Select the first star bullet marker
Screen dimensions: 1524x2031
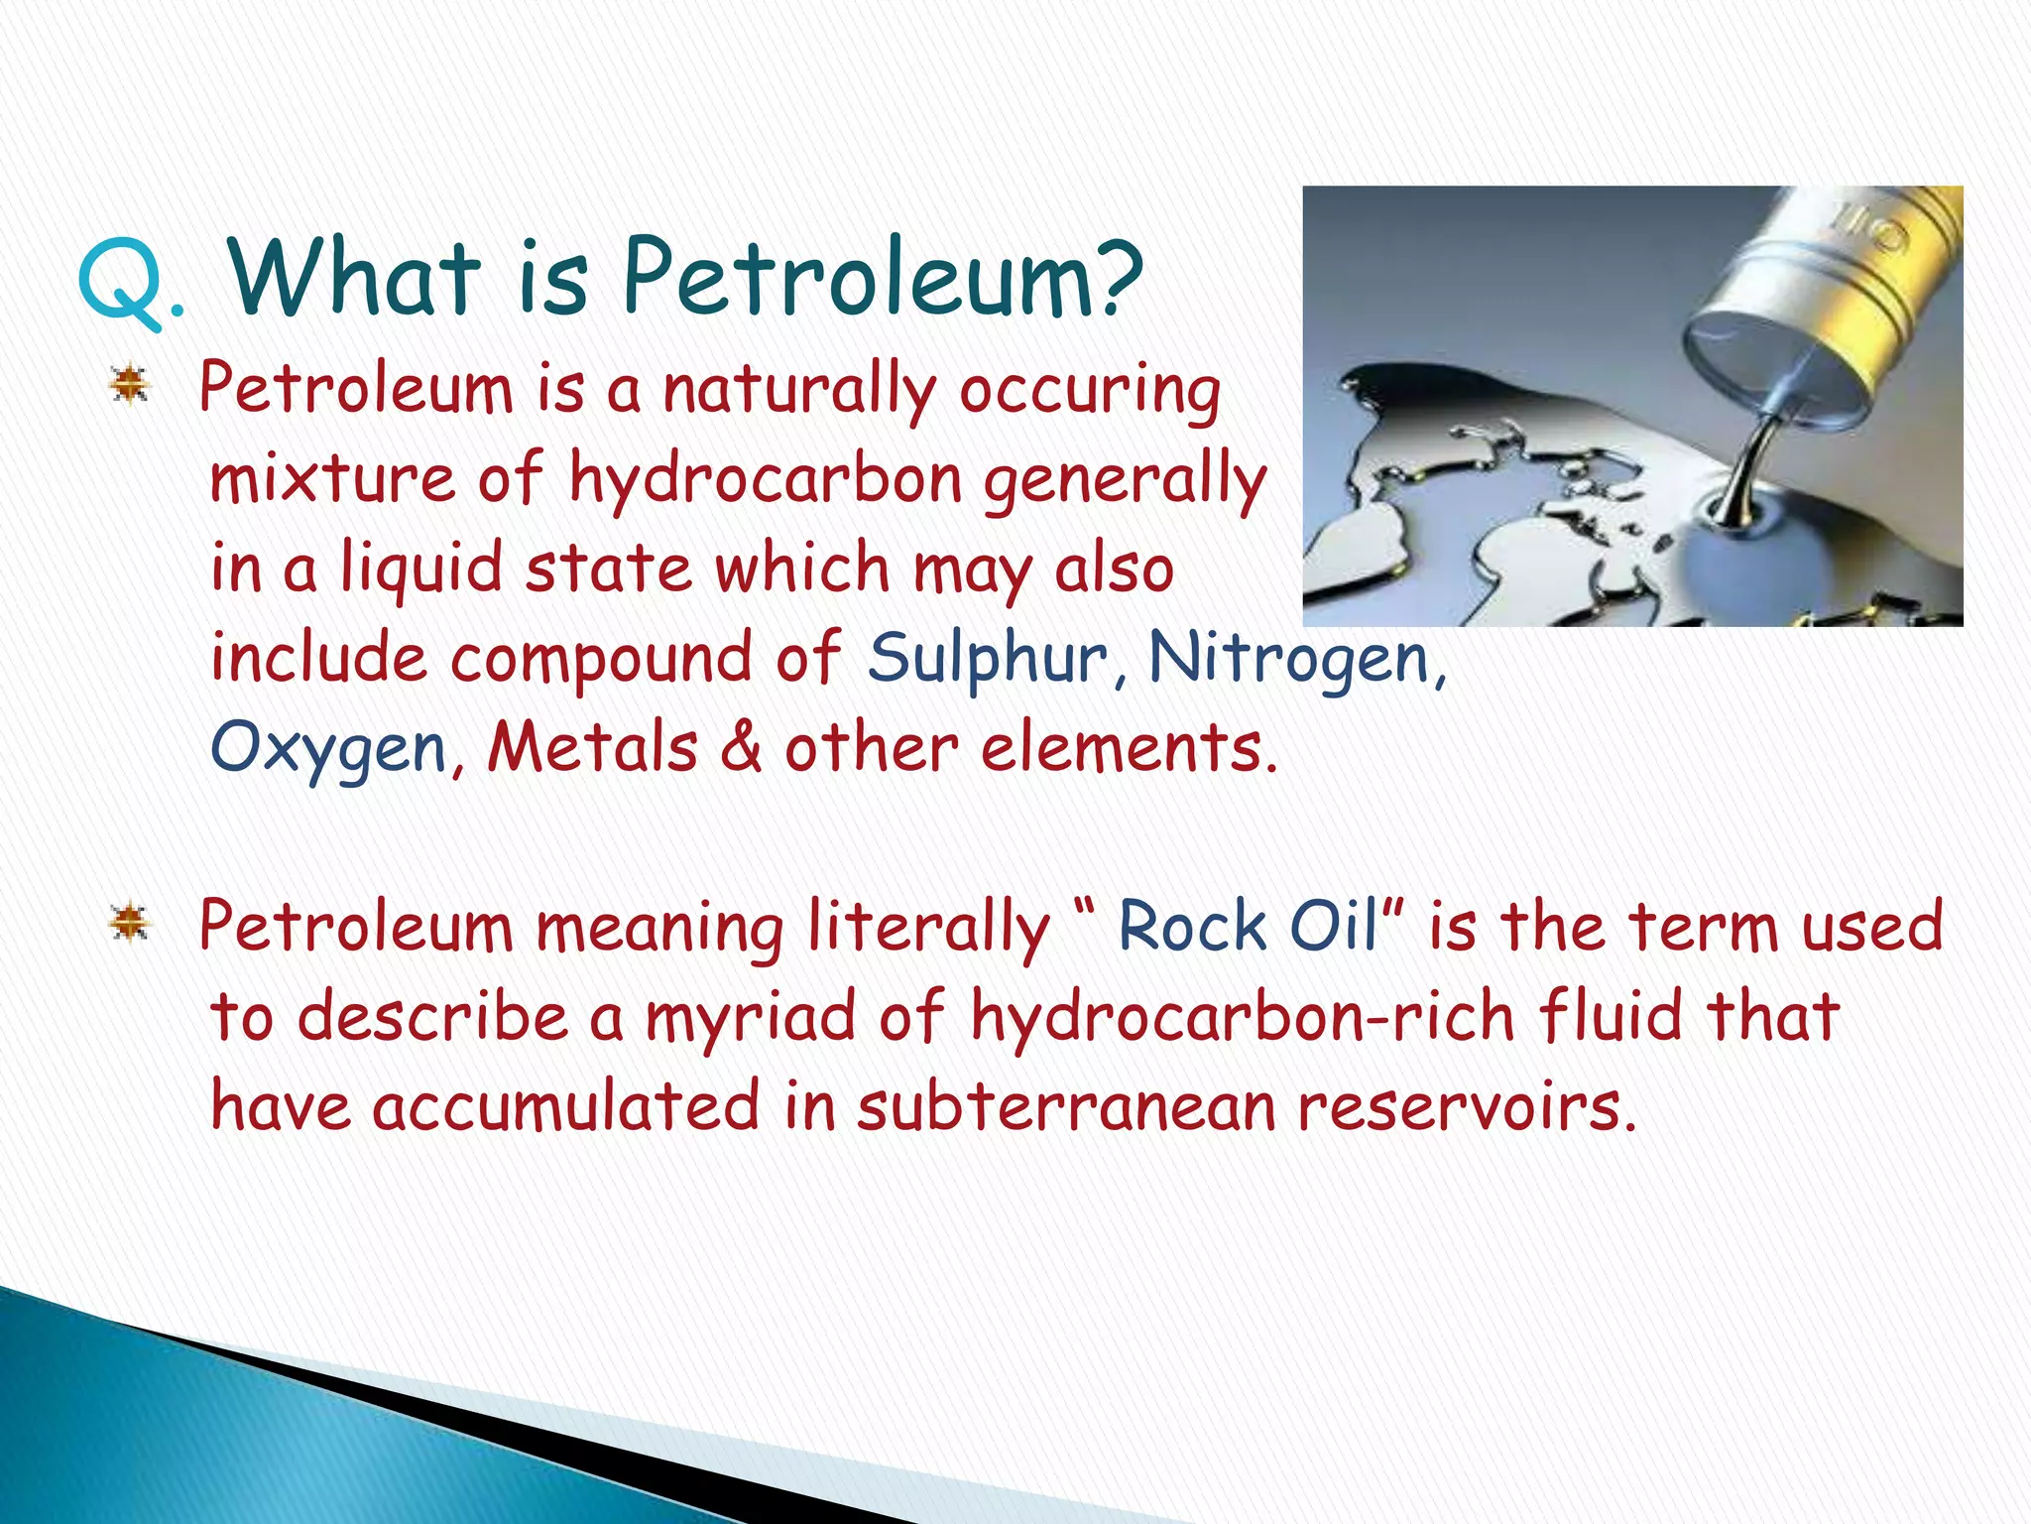130,385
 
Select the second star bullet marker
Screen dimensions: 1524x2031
130,924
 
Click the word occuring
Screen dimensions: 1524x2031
1089,391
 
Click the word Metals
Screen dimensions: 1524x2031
592,748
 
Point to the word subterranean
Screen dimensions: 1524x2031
1067,1107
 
